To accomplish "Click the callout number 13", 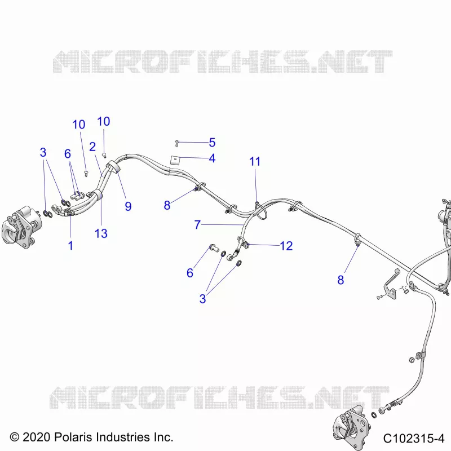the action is [x=101, y=233].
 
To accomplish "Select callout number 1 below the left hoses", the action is [x=70, y=246].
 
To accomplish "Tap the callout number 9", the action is [x=128, y=206].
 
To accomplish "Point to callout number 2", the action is [x=92, y=147].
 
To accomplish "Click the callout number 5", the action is [x=212, y=143].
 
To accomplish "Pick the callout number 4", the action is [x=212, y=158].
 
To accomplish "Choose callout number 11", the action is [x=255, y=161].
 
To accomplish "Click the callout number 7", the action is [x=197, y=224].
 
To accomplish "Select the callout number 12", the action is [x=286, y=246].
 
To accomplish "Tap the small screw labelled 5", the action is [x=177, y=143].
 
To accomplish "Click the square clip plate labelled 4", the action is [x=174, y=160].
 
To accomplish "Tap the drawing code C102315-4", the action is [x=414, y=439].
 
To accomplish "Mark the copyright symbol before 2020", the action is [x=15, y=437].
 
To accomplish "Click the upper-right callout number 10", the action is [x=104, y=121].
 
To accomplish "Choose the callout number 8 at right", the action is [x=341, y=280].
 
